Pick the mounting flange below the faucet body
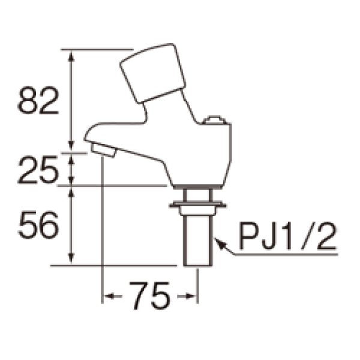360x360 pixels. coord(197,207)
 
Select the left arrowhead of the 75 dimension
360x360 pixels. coord(109,296)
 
